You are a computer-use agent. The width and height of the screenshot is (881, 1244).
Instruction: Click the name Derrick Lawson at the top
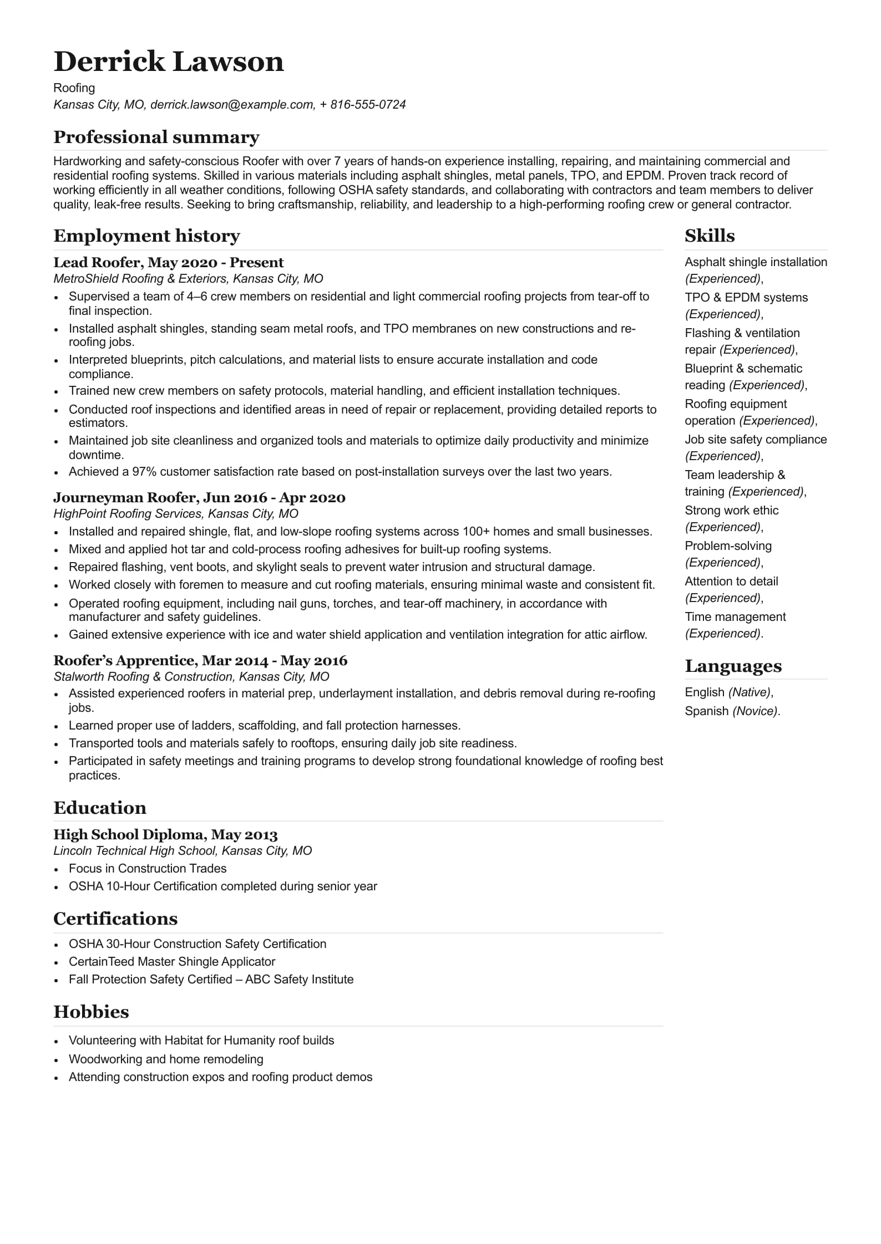coord(169,62)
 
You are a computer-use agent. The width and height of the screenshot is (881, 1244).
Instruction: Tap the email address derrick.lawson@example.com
coord(232,105)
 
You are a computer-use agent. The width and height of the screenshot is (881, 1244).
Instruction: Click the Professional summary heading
coord(156,137)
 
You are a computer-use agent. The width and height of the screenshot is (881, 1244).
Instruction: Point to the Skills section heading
coord(710,236)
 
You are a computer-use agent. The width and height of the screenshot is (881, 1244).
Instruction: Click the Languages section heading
coord(733,666)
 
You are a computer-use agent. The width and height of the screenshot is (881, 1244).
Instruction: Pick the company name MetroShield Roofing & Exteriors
coord(140,279)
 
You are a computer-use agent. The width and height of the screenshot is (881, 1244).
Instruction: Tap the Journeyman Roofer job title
coord(125,497)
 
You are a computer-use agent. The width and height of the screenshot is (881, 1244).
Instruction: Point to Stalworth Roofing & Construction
coord(144,677)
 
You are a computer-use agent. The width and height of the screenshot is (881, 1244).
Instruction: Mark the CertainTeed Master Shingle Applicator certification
coord(172,962)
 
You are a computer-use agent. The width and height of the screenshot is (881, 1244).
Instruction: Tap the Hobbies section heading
coord(91,1012)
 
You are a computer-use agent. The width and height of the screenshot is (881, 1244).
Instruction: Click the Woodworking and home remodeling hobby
coord(166,1059)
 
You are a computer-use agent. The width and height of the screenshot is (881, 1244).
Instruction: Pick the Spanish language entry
coord(706,711)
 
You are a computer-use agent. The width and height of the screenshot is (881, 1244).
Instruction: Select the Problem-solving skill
coord(728,546)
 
